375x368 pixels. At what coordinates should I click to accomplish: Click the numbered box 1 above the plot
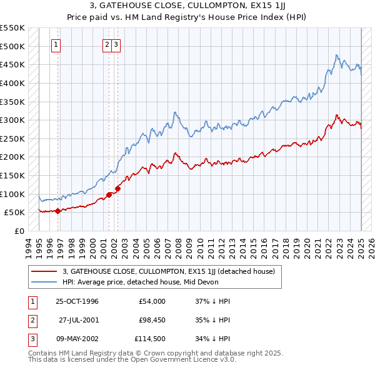point(56,44)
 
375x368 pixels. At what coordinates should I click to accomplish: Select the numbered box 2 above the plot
point(107,44)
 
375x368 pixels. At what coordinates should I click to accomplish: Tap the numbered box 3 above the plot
point(117,44)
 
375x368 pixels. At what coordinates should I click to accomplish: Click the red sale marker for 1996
point(57,211)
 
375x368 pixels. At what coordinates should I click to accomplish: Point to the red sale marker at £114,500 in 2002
point(117,188)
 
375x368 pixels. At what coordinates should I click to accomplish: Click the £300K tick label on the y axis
point(12,120)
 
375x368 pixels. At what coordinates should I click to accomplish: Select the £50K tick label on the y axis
point(15,212)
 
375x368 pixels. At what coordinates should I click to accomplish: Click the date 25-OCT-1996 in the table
point(77,301)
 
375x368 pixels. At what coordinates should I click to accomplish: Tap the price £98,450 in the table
point(149,320)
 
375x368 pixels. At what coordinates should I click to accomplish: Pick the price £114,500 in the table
point(149,339)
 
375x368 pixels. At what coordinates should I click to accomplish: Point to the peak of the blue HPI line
point(336,55)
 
